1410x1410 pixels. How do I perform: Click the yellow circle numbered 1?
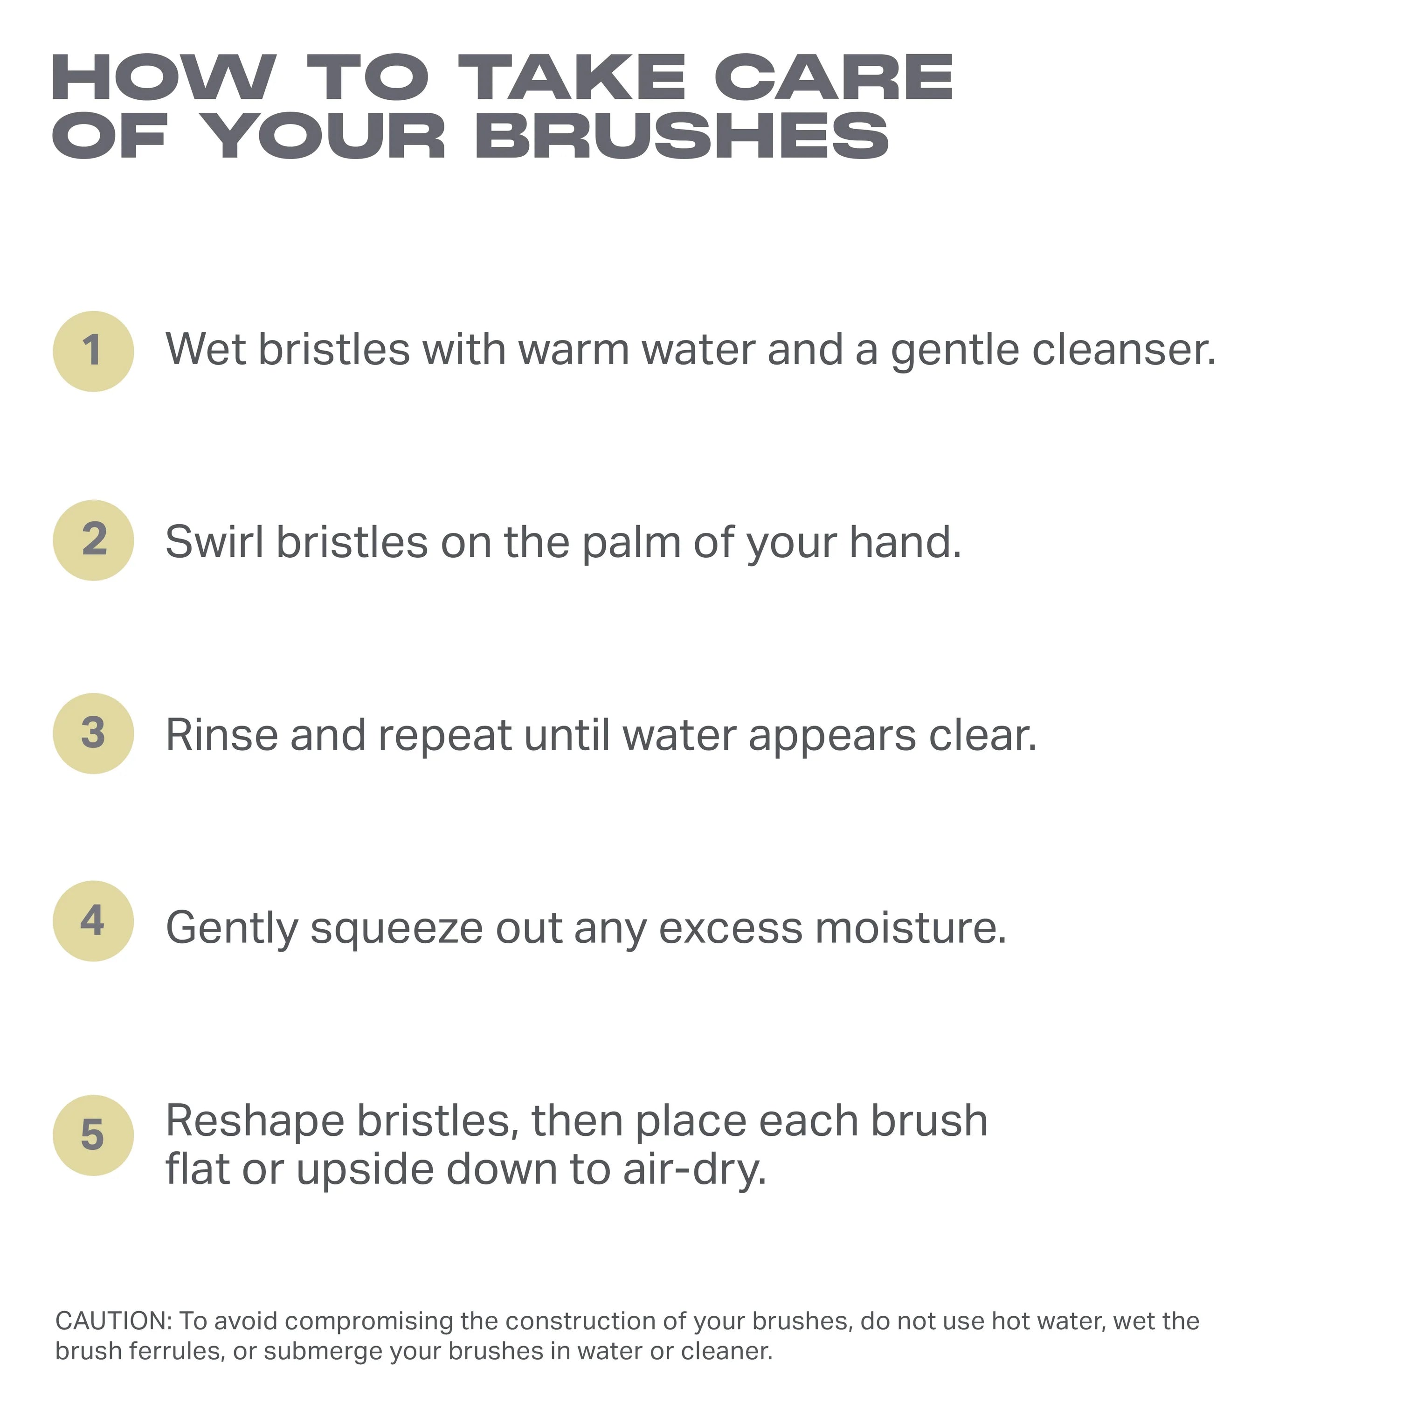coord(93,352)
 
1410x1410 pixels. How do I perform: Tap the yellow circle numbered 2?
coord(93,541)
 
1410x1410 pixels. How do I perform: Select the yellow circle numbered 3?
coord(93,733)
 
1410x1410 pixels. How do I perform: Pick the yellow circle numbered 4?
coord(93,921)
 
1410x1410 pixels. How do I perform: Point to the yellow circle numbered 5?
coord(93,1135)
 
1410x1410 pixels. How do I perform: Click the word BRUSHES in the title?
coord(682,137)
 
